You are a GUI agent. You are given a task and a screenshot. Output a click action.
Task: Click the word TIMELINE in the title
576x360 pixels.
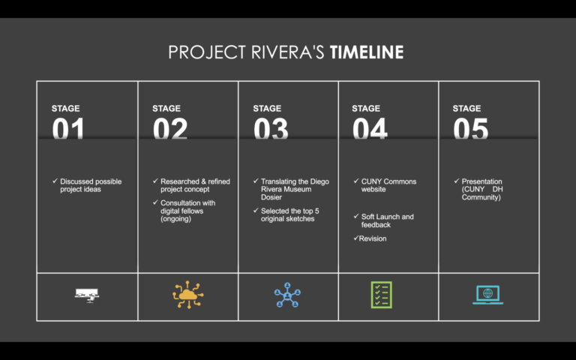[367, 52]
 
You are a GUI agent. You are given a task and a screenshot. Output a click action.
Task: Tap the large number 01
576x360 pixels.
[68, 130]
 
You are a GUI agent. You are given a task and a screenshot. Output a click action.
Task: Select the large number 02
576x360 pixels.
[170, 130]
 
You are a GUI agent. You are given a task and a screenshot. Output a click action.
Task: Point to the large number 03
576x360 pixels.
[271, 130]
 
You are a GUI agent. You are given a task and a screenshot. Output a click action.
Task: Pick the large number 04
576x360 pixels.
[370, 130]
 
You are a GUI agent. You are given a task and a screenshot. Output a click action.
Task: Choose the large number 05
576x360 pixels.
[470, 130]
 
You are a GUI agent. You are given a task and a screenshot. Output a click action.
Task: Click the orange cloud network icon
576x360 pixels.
[187, 295]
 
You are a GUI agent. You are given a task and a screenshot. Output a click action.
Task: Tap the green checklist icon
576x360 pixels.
[381, 295]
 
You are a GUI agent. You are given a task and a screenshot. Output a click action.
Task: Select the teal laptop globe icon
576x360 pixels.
[487, 294]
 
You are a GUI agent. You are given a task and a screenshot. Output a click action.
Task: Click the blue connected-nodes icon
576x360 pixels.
[287, 295]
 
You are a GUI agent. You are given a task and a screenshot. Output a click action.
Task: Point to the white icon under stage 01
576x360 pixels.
[87, 295]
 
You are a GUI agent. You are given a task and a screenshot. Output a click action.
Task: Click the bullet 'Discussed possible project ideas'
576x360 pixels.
[90, 185]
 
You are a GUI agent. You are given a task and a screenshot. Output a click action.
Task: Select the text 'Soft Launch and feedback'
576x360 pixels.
[387, 220]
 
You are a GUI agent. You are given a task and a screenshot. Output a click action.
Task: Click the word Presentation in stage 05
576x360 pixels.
[481, 181]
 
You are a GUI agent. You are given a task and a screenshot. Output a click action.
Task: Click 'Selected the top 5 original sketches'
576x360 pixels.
[291, 215]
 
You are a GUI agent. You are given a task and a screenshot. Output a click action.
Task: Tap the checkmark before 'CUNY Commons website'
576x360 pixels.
[355, 181]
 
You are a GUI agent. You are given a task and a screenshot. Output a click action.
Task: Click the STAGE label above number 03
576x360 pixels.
[267, 109]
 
